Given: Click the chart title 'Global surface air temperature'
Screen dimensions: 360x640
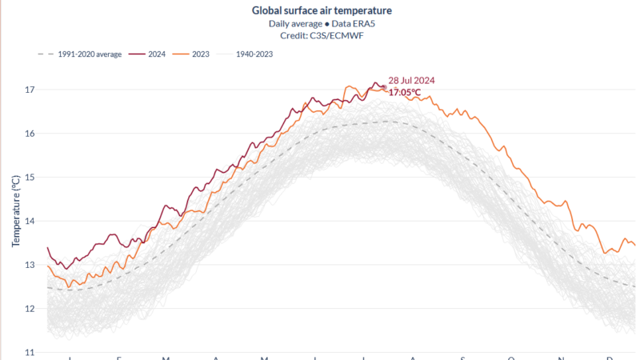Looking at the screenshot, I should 322,10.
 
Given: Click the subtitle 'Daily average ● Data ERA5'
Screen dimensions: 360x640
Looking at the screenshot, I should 322,24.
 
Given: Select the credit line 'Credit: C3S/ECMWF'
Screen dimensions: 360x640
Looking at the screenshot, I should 322,36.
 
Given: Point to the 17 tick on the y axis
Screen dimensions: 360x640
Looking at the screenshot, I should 30,89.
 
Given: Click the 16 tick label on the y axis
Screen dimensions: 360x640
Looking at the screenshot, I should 30,133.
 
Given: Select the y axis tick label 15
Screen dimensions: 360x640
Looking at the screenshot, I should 30,177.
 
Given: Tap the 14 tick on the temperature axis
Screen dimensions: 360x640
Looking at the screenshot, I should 30,221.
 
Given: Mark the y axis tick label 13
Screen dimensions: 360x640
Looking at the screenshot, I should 30,265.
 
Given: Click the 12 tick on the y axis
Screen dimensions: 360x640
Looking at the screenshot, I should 30,309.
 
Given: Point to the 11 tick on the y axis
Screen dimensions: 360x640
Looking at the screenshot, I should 30,352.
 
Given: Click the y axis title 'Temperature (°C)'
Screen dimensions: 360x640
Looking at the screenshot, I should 15,210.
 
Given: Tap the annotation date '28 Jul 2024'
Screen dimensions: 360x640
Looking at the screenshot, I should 411,80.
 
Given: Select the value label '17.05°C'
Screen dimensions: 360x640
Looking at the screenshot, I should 406,92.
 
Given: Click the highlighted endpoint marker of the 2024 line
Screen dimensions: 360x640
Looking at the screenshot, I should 384,87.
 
